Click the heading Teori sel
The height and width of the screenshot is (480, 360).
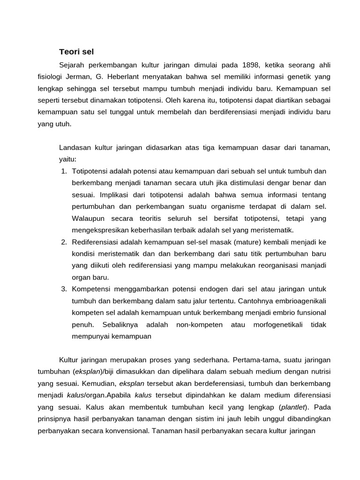76,51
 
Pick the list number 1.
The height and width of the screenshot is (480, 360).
64,171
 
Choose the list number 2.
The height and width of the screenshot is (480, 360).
64,242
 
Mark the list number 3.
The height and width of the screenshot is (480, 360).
64,289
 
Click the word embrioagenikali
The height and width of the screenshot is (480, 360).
300,300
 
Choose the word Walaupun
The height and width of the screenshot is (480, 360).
89,218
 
